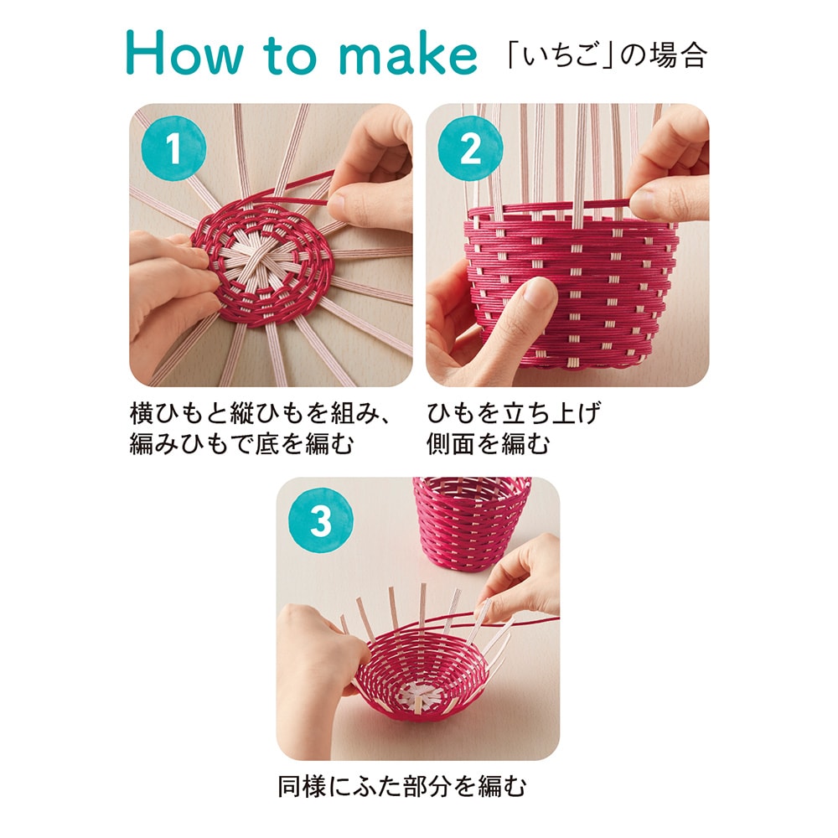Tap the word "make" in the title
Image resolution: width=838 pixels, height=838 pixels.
408,53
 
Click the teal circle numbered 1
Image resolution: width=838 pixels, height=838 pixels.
173,148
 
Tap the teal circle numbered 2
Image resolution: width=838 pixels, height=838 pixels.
470,148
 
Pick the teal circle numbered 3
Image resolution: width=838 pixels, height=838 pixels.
321,520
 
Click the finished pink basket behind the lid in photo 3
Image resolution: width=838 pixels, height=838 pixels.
471,523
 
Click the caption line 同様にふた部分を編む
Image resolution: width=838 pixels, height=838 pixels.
402,786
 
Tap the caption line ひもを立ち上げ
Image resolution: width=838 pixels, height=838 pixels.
514,413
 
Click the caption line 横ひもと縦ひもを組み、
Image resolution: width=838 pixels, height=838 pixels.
261,413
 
